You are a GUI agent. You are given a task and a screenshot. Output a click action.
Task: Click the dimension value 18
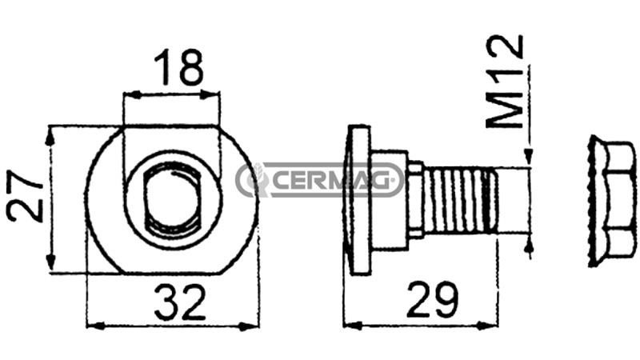[x=178, y=67]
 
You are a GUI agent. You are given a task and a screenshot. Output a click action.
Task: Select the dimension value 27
[x=26, y=196]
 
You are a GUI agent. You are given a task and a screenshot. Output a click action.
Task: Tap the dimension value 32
[x=180, y=302]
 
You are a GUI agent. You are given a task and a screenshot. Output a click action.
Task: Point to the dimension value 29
[x=433, y=299]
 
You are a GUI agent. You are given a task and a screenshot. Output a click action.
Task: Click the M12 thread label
[x=505, y=82]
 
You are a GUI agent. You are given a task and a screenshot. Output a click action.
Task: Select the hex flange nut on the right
[x=612, y=201]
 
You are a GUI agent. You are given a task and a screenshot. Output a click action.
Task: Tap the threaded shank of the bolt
[x=460, y=201]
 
